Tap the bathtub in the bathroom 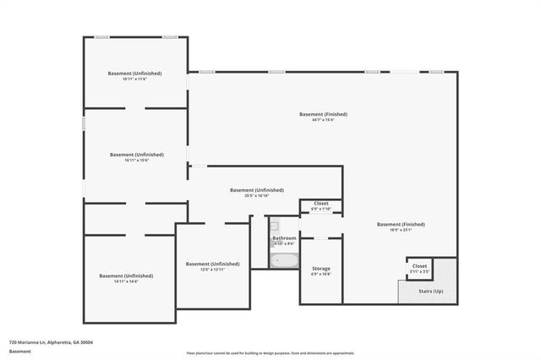(285, 259)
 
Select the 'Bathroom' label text (284, 238)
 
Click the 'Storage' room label (321, 268)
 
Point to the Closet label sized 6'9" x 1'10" (321, 209)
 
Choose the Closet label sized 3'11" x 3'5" (420, 271)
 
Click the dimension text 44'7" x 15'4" (323, 120)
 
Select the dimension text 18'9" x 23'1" (401, 230)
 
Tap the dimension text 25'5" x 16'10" (257, 196)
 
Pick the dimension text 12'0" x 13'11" (212, 270)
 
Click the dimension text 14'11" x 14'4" (126, 281)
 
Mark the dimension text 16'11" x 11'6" (135, 79)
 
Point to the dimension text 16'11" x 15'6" (136, 161)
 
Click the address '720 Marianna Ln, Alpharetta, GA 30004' (51, 342)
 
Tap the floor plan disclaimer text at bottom (270, 352)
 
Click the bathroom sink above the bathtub (274, 226)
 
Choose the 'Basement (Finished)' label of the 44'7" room (323, 114)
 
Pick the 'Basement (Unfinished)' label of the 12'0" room (212, 264)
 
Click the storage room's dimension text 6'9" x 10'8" (321, 274)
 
